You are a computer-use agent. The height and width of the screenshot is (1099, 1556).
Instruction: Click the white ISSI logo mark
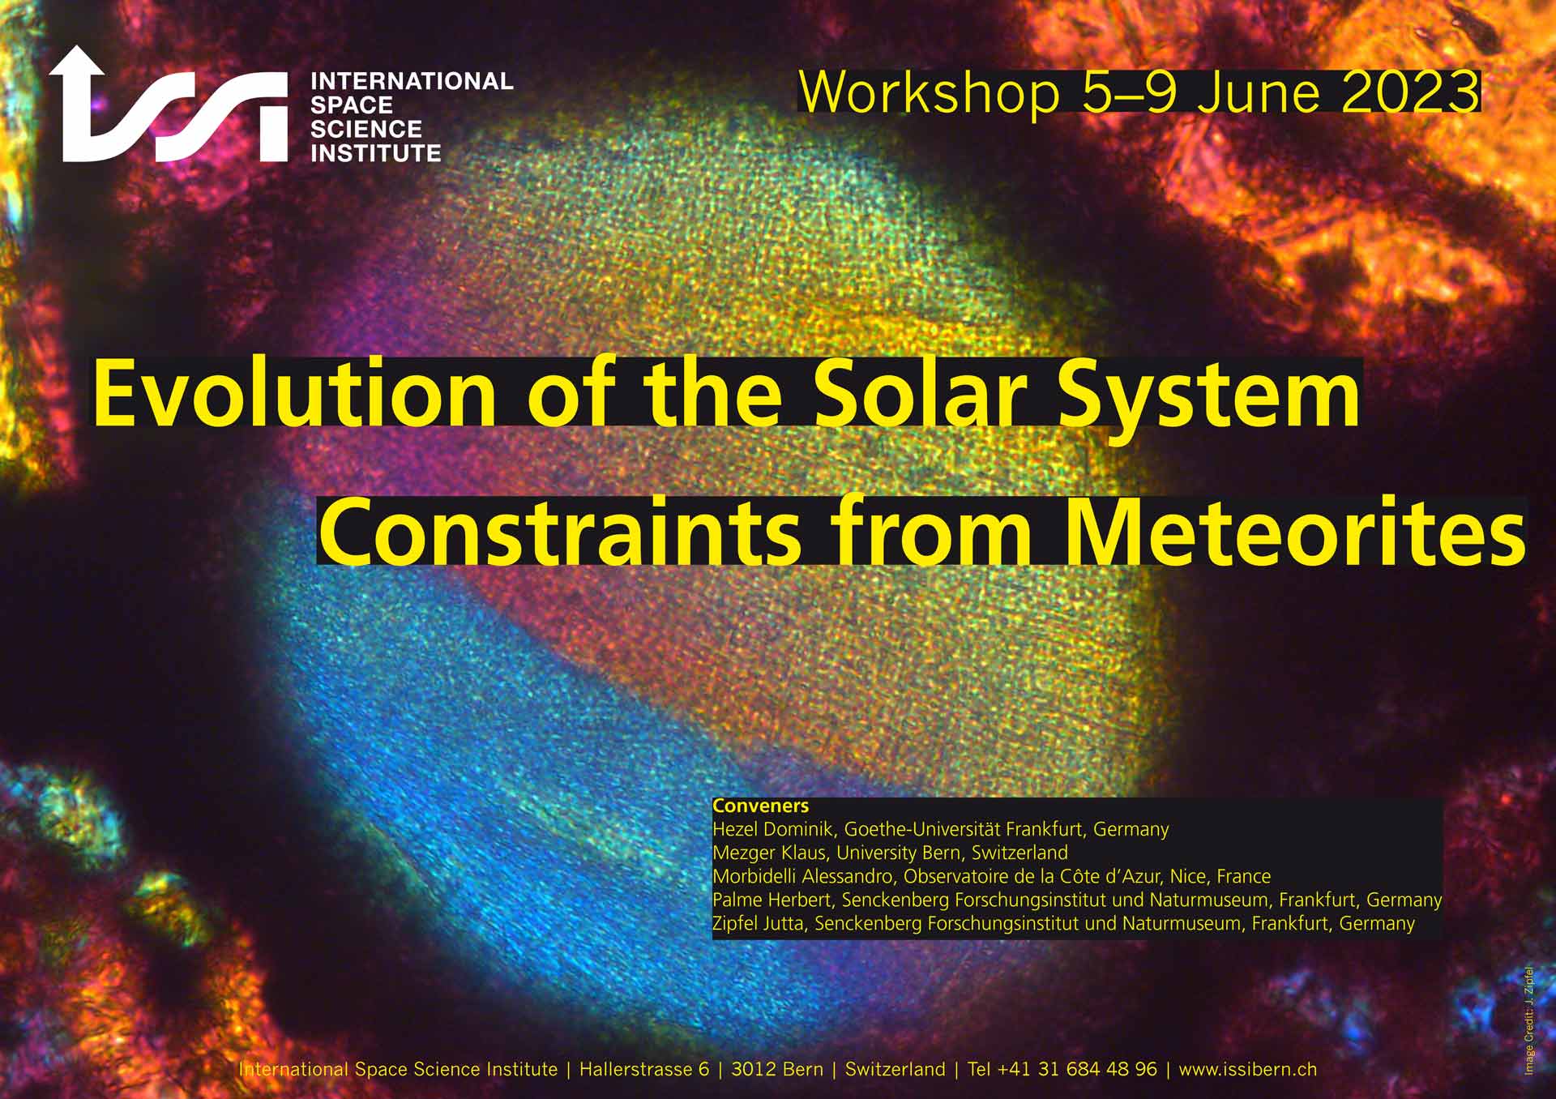coord(168,105)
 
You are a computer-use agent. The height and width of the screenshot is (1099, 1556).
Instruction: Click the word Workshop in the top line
coord(930,93)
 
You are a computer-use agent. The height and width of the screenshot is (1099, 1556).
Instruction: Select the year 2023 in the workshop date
coord(1410,93)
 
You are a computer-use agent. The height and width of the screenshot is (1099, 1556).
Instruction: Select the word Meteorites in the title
coord(1295,532)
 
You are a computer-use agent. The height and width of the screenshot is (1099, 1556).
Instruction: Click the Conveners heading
coord(760,806)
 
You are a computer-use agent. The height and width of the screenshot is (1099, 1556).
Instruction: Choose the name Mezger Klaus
coord(769,853)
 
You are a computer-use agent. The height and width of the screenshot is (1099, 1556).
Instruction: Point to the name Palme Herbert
coord(772,900)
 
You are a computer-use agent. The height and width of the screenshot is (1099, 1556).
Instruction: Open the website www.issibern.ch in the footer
coord(1247,1070)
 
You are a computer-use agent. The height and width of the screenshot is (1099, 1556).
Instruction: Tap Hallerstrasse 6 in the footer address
coord(644,1070)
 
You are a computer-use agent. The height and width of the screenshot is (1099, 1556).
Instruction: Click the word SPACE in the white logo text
coord(352,105)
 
